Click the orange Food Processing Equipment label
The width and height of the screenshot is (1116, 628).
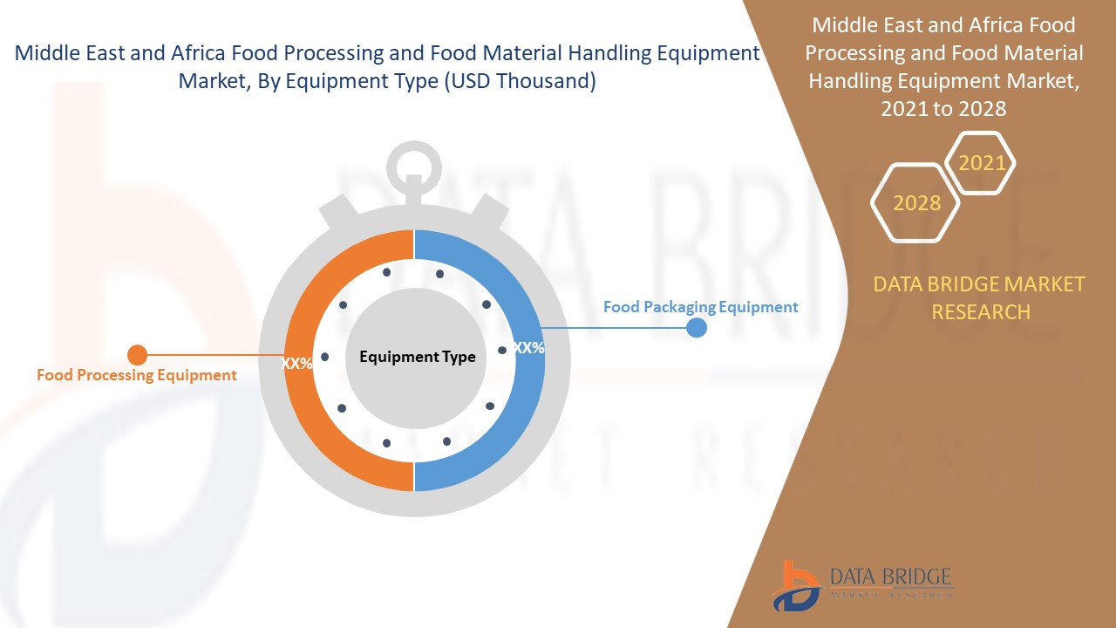[x=137, y=375]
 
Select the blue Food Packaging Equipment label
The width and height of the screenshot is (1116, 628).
[x=700, y=307]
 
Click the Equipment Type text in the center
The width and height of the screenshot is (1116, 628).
[x=418, y=357]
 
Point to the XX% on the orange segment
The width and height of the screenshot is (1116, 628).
[x=296, y=364]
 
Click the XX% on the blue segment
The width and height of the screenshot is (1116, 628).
[x=529, y=347]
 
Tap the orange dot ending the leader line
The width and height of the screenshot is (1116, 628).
[x=138, y=355]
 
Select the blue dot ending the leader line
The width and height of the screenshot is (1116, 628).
[x=697, y=327]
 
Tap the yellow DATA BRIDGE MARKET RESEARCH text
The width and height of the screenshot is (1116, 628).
[x=979, y=298]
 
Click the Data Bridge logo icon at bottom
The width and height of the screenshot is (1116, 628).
[x=796, y=586]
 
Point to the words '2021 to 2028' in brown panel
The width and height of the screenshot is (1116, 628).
[x=943, y=109]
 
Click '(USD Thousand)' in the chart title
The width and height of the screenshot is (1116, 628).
[x=520, y=81]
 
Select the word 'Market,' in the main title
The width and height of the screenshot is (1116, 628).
[x=214, y=81]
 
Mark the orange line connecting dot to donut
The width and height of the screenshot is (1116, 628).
[x=215, y=355]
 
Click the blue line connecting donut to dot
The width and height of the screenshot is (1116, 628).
[x=614, y=327]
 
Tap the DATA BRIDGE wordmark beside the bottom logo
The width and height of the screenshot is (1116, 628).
[x=891, y=577]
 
